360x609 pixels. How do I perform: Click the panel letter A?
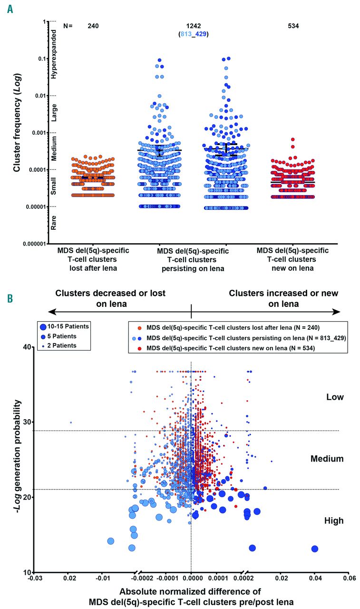pyautogui.click(x=10, y=9)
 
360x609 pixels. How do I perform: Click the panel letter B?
pyautogui.click(x=10, y=299)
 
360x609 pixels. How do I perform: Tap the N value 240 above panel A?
pyautogui.click(x=93, y=26)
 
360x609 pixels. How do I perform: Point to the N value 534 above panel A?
pyautogui.click(x=293, y=26)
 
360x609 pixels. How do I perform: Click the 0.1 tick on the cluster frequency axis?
pyautogui.click(x=40, y=59)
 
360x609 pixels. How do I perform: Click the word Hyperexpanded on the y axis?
pyautogui.click(x=54, y=55)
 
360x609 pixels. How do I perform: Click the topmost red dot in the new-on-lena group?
pyautogui.click(x=293, y=139)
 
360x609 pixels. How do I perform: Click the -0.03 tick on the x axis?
pyautogui.click(x=34, y=580)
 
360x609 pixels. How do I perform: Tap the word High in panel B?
pyautogui.click(x=334, y=521)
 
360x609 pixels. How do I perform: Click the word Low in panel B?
pyautogui.click(x=334, y=397)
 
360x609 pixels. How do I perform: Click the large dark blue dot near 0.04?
pyautogui.click(x=314, y=549)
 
